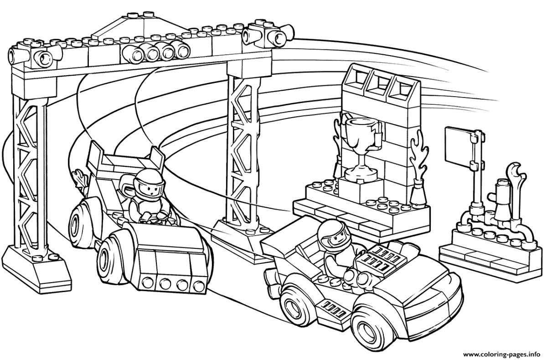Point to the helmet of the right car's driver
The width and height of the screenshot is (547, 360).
330,232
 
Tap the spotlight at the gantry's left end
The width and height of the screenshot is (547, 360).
39,56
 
